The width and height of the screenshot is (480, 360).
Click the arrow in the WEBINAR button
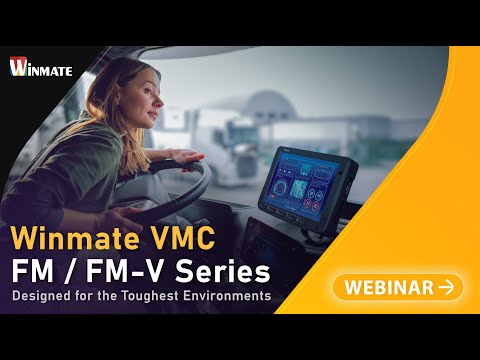pos(446,288)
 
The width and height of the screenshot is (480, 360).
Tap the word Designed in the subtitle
pos(45,296)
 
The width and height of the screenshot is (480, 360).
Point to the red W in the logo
pos(17,66)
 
